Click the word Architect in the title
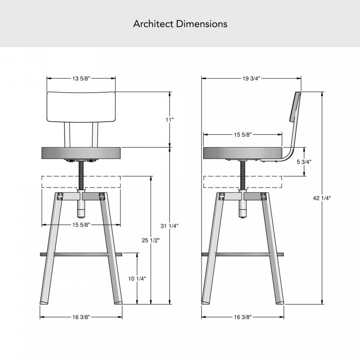pos(153,24)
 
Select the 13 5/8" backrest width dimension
pos(81,78)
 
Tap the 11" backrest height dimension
pos(170,120)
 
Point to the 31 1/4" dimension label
pos(170,226)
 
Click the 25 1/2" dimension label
pos(150,240)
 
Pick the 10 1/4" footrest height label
pos(137,279)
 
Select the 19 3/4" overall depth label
pos(251,78)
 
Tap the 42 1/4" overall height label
pos(322,198)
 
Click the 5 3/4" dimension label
pos(304,162)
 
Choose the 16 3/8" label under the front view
pos(81,317)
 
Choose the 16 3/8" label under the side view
pos(243,317)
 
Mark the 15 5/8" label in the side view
pos(243,135)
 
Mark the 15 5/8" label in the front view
pos(81,225)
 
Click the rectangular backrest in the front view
pos(81,106)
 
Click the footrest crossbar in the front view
pos(81,254)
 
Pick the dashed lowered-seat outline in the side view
pos(243,182)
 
